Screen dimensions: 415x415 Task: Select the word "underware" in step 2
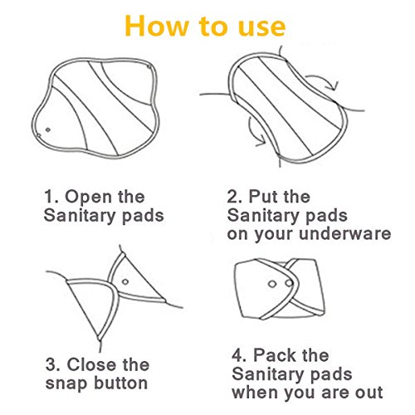coord(345,233)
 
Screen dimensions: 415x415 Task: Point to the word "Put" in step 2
coord(261,197)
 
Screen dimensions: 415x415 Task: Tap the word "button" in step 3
coord(120,383)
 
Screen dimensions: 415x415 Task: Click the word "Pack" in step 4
coord(275,355)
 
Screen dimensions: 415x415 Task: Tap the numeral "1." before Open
coord(51,197)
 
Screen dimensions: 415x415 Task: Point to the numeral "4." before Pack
coord(240,355)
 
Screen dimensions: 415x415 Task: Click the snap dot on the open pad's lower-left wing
coord(48,129)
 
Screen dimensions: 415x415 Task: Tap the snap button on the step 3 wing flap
coord(125,282)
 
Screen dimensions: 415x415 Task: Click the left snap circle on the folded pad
coord(272,284)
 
